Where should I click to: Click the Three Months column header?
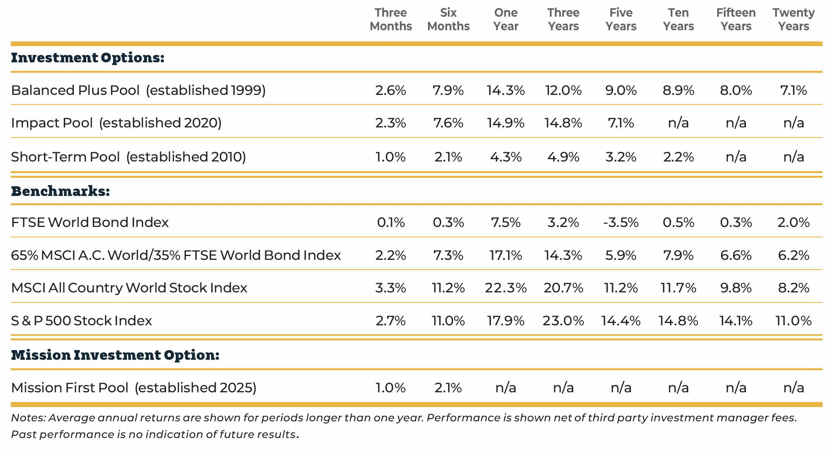point(391,19)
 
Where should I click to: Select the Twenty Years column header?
point(794,19)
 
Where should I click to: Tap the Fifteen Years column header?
point(736,19)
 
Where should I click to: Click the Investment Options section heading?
point(88,58)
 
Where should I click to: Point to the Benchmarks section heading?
point(61,191)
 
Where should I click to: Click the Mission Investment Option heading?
point(115,355)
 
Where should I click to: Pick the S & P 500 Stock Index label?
point(81,321)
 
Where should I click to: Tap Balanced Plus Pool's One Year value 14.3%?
point(506,90)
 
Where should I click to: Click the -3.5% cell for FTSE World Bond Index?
point(620,223)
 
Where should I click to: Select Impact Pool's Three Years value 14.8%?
point(563,123)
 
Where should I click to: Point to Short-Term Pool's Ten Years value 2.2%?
point(678,157)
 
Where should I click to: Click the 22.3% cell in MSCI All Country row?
point(506,288)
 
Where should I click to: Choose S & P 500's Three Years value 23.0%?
point(563,321)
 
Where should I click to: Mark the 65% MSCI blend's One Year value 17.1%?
point(506,256)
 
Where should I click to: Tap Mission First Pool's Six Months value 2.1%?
point(448,388)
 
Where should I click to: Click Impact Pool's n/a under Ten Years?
point(678,123)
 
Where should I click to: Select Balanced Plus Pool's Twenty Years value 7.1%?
point(794,90)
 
